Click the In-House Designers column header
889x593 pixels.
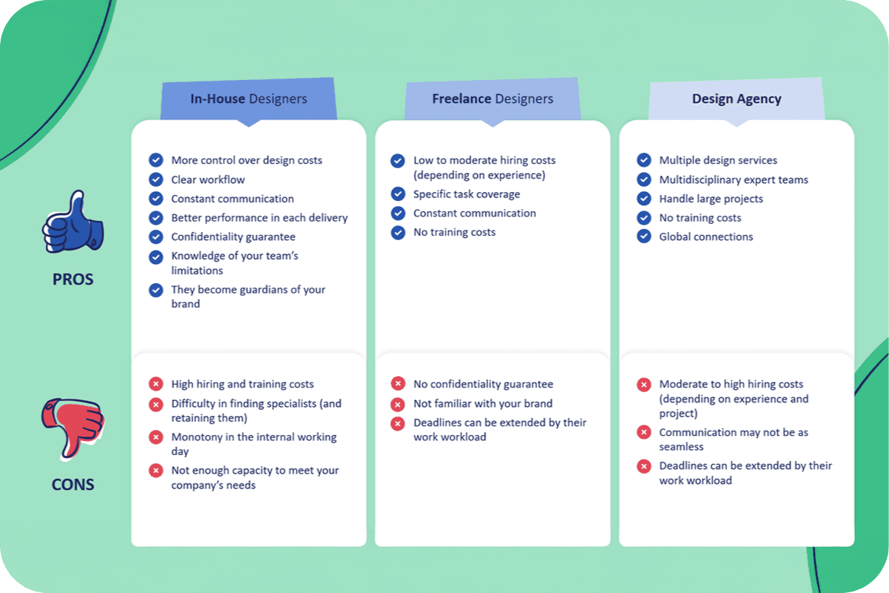248,99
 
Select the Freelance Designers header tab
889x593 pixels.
493,99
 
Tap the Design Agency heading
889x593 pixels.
736,99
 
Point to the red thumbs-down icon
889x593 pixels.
73,429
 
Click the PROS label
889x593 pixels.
73,279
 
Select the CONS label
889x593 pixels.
73,485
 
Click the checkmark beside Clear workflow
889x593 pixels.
156,179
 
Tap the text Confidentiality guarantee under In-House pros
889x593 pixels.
233,236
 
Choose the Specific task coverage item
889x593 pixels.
467,194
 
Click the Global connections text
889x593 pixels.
706,236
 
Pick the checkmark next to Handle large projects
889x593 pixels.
644,199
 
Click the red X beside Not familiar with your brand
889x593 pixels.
398,404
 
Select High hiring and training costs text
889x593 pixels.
242,384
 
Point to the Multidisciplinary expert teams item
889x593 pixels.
733,179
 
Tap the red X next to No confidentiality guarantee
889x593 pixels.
398,383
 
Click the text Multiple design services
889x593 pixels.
718,160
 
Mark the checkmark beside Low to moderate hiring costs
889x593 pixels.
398,161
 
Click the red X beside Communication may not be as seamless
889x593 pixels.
644,432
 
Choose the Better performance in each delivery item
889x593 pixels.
259,218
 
